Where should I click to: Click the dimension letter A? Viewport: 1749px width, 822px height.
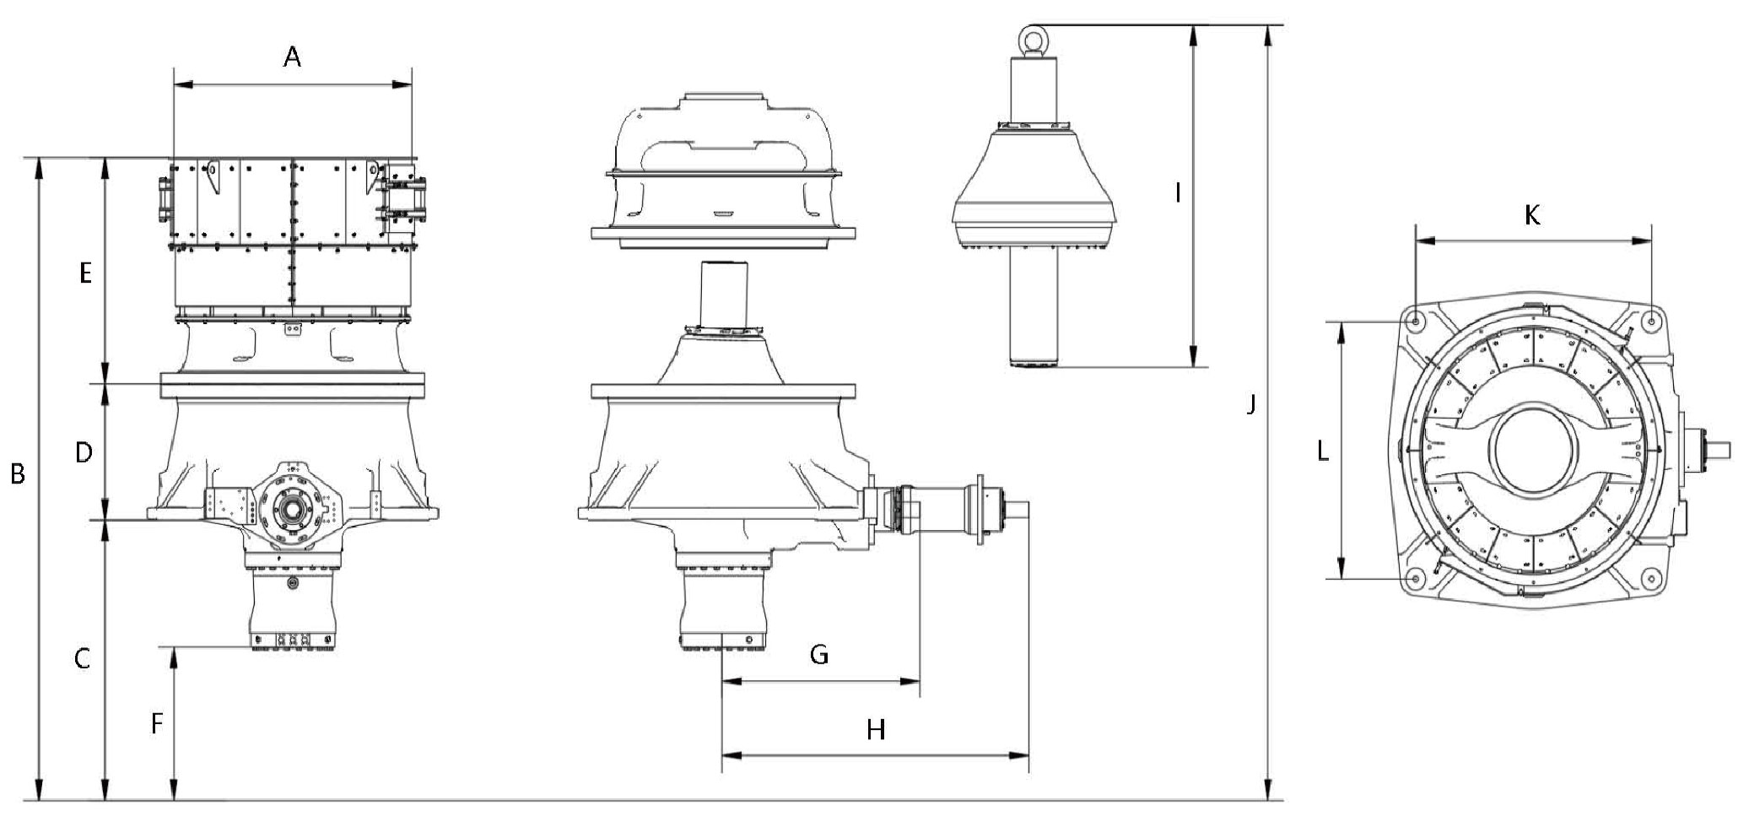click(x=292, y=57)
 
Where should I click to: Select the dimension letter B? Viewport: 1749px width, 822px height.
click(x=17, y=475)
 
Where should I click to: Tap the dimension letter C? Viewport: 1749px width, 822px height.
click(x=82, y=658)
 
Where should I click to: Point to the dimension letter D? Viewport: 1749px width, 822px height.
click(x=83, y=453)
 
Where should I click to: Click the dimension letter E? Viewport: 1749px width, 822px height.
click(x=84, y=273)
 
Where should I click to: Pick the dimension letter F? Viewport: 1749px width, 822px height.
click(x=156, y=724)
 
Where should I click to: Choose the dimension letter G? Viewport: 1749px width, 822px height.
click(x=819, y=655)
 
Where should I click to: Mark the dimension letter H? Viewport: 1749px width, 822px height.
click(x=877, y=730)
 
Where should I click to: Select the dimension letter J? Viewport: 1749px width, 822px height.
click(x=1252, y=405)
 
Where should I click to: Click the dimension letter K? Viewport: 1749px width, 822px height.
click(x=1532, y=216)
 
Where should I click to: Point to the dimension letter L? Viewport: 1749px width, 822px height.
click(x=1323, y=452)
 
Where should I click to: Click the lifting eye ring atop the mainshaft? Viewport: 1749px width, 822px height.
click(x=1034, y=39)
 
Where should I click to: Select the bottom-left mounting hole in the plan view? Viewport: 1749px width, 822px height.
click(x=1417, y=579)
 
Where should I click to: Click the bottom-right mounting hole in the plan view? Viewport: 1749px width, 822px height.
click(x=1651, y=579)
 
